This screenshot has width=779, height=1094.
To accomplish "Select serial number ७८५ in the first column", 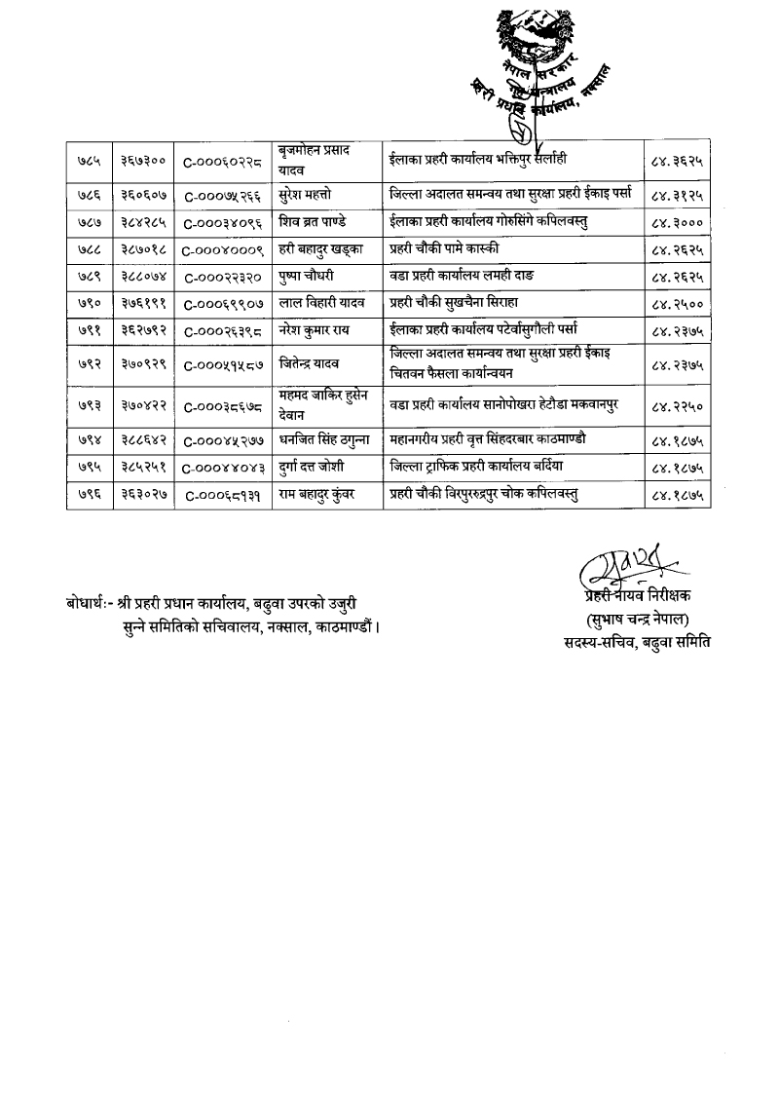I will [x=90, y=158].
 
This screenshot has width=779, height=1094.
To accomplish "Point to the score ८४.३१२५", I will [x=676, y=193].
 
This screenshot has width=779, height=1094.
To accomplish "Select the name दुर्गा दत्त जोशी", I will [x=315, y=468].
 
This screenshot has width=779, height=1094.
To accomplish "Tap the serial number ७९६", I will [x=90, y=495].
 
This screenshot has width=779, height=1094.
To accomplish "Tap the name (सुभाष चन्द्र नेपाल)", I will [x=637, y=620].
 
